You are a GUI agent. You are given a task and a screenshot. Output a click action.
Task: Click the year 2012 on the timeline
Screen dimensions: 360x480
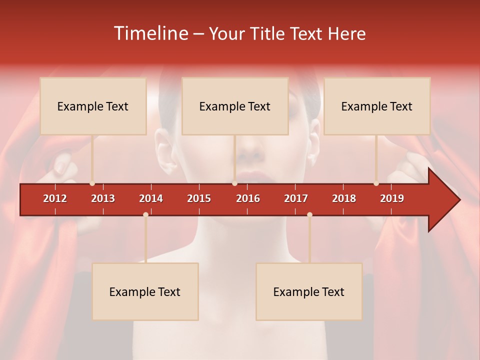pyautogui.click(x=55, y=198)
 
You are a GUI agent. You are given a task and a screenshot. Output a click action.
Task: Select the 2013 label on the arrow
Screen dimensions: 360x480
pyautogui.click(x=103, y=198)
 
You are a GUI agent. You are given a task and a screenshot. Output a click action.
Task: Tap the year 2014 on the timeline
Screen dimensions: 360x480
pyautogui.click(x=151, y=198)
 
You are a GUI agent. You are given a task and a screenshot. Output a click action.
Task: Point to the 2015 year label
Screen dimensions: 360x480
pyautogui.click(x=199, y=198)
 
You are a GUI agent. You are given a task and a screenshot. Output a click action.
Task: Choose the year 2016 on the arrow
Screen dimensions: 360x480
pyautogui.click(x=248, y=198)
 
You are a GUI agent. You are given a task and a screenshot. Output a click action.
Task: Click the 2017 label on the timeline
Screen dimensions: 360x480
pyautogui.click(x=296, y=198)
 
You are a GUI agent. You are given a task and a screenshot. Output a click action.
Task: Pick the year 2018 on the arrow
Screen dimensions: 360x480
pyautogui.click(x=344, y=198)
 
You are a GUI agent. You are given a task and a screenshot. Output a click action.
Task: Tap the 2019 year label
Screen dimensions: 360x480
pyautogui.click(x=392, y=198)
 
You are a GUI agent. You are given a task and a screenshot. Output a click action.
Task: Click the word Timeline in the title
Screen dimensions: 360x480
pyautogui.click(x=150, y=33)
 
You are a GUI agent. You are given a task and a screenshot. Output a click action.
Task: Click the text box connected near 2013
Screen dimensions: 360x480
pyautogui.click(x=93, y=106)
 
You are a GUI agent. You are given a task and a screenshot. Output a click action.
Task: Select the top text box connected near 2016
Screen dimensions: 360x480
pyautogui.click(x=235, y=106)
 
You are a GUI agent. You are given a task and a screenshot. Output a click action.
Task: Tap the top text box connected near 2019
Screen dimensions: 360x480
pyautogui.click(x=377, y=106)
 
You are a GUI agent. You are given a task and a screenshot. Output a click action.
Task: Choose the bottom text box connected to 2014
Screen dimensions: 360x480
pyautogui.click(x=145, y=291)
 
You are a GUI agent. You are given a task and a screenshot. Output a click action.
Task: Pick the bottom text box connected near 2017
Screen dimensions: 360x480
pyautogui.click(x=309, y=291)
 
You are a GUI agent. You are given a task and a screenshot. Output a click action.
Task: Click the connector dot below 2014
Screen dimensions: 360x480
pyautogui.click(x=145, y=214)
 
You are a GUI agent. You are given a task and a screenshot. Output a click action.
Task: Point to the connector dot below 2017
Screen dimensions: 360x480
pyautogui.click(x=309, y=214)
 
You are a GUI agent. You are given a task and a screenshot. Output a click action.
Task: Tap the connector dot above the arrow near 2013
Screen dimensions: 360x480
pyautogui.click(x=92, y=183)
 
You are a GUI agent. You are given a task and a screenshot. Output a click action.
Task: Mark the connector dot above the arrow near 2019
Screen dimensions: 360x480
pyautogui.click(x=376, y=183)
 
